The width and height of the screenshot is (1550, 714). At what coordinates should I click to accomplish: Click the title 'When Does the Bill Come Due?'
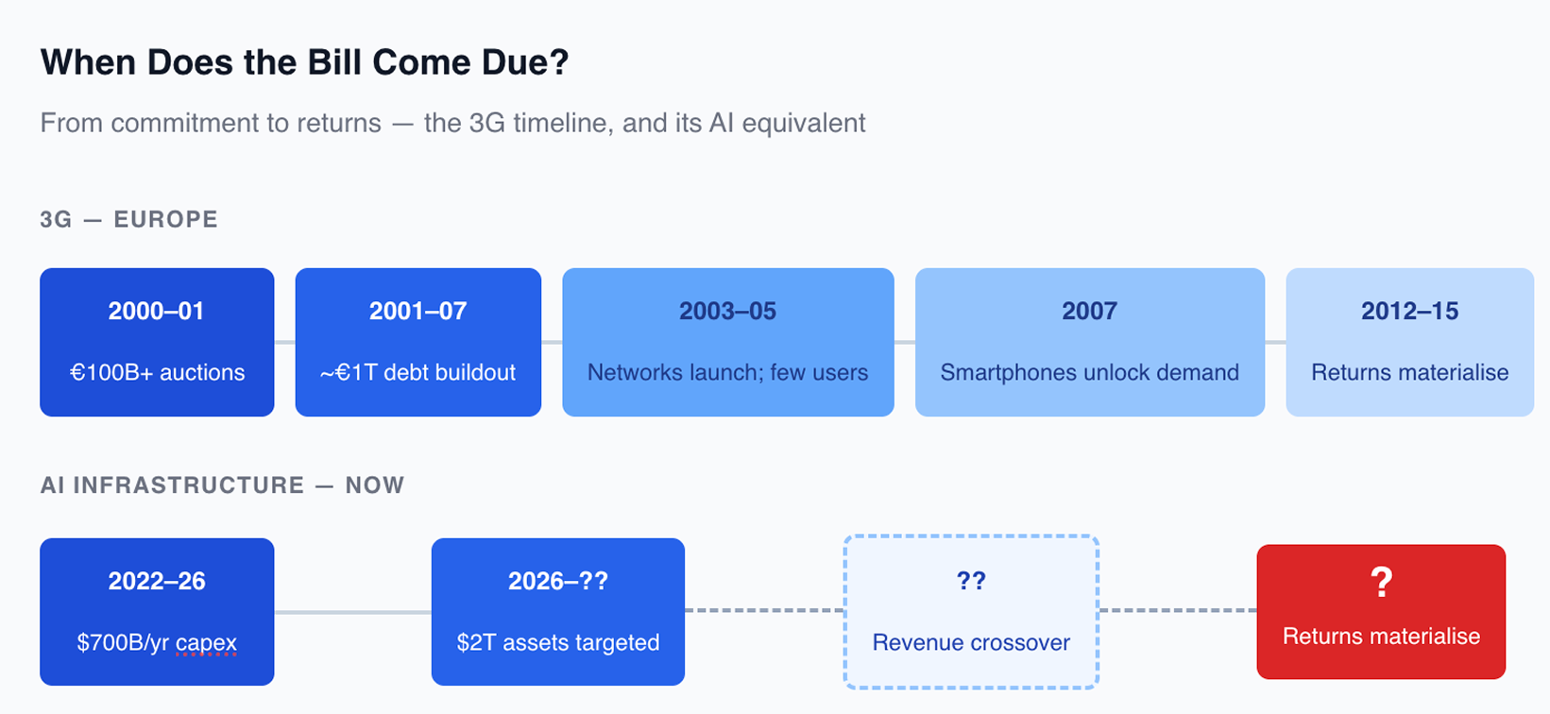pyautogui.click(x=304, y=62)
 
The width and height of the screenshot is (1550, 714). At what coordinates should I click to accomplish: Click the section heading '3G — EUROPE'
pyautogui.click(x=129, y=219)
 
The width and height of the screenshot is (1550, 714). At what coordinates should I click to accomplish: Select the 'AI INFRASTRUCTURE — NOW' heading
pyautogui.click(x=222, y=485)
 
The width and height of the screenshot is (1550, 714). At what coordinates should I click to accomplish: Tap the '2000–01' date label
pyautogui.click(x=157, y=311)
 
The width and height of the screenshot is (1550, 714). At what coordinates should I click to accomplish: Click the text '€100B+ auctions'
pyautogui.click(x=157, y=372)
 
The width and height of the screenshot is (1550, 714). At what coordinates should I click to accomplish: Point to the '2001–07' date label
pyautogui.click(x=417, y=311)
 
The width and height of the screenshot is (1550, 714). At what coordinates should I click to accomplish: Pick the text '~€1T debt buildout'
pyautogui.click(x=417, y=372)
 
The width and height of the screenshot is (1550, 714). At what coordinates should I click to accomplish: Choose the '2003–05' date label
pyautogui.click(x=727, y=311)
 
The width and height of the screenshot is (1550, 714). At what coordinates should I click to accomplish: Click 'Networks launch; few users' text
pyautogui.click(x=727, y=372)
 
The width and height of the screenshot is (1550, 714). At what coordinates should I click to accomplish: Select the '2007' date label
pyautogui.click(x=1089, y=311)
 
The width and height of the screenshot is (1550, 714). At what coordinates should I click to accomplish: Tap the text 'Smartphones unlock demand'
pyautogui.click(x=1089, y=372)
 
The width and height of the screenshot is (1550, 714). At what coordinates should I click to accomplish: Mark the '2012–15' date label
pyautogui.click(x=1409, y=311)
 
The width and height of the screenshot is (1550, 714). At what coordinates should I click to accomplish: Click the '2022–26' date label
pyautogui.click(x=157, y=581)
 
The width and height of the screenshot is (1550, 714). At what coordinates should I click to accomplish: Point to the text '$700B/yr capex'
pyautogui.click(x=157, y=642)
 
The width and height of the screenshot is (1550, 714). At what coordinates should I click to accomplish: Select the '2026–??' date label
pyautogui.click(x=557, y=581)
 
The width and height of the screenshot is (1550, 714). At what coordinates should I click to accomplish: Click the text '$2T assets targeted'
pyautogui.click(x=557, y=642)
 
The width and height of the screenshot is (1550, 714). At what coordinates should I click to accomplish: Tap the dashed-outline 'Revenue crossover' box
pyautogui.click(x=971, y=612)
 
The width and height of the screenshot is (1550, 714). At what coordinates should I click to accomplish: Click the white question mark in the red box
pyautogui.click(x=1381, y=582)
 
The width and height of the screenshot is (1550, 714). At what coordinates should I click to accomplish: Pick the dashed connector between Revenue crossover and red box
pyautogui.click(x=1178, y=610)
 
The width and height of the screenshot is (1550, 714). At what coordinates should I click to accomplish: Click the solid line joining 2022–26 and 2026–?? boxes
pyautogui.click(x=352, y=612)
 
